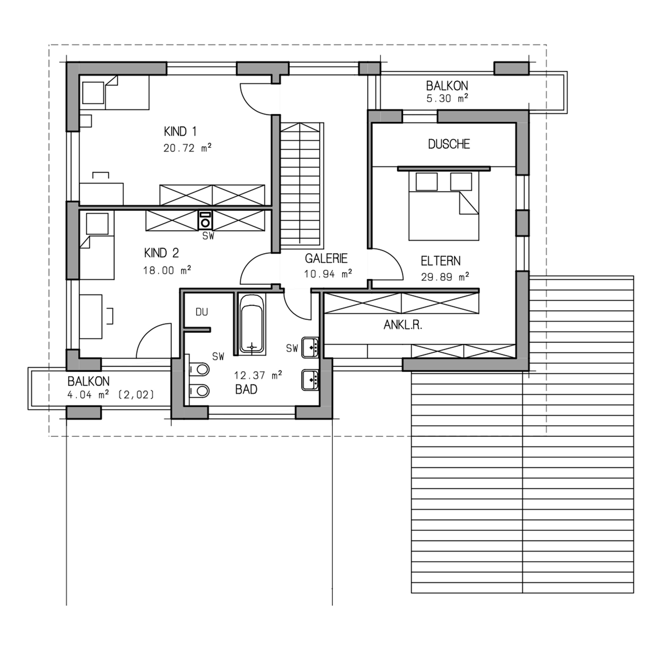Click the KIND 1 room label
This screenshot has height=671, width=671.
180,132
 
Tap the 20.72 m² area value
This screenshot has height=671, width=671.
188,148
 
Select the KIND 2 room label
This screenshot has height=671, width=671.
161,253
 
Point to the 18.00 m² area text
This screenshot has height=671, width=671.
167,270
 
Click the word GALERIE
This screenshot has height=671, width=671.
326,258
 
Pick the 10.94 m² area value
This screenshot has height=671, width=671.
328,274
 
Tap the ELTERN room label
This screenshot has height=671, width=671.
441,261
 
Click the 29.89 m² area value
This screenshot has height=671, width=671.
445,277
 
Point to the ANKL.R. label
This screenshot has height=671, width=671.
403,325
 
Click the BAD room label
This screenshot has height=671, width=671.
246,390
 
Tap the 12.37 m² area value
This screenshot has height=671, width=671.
258,375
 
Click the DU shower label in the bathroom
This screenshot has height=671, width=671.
202,312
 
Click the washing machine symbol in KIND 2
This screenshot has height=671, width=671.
205,220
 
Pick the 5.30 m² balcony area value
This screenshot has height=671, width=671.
447,98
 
